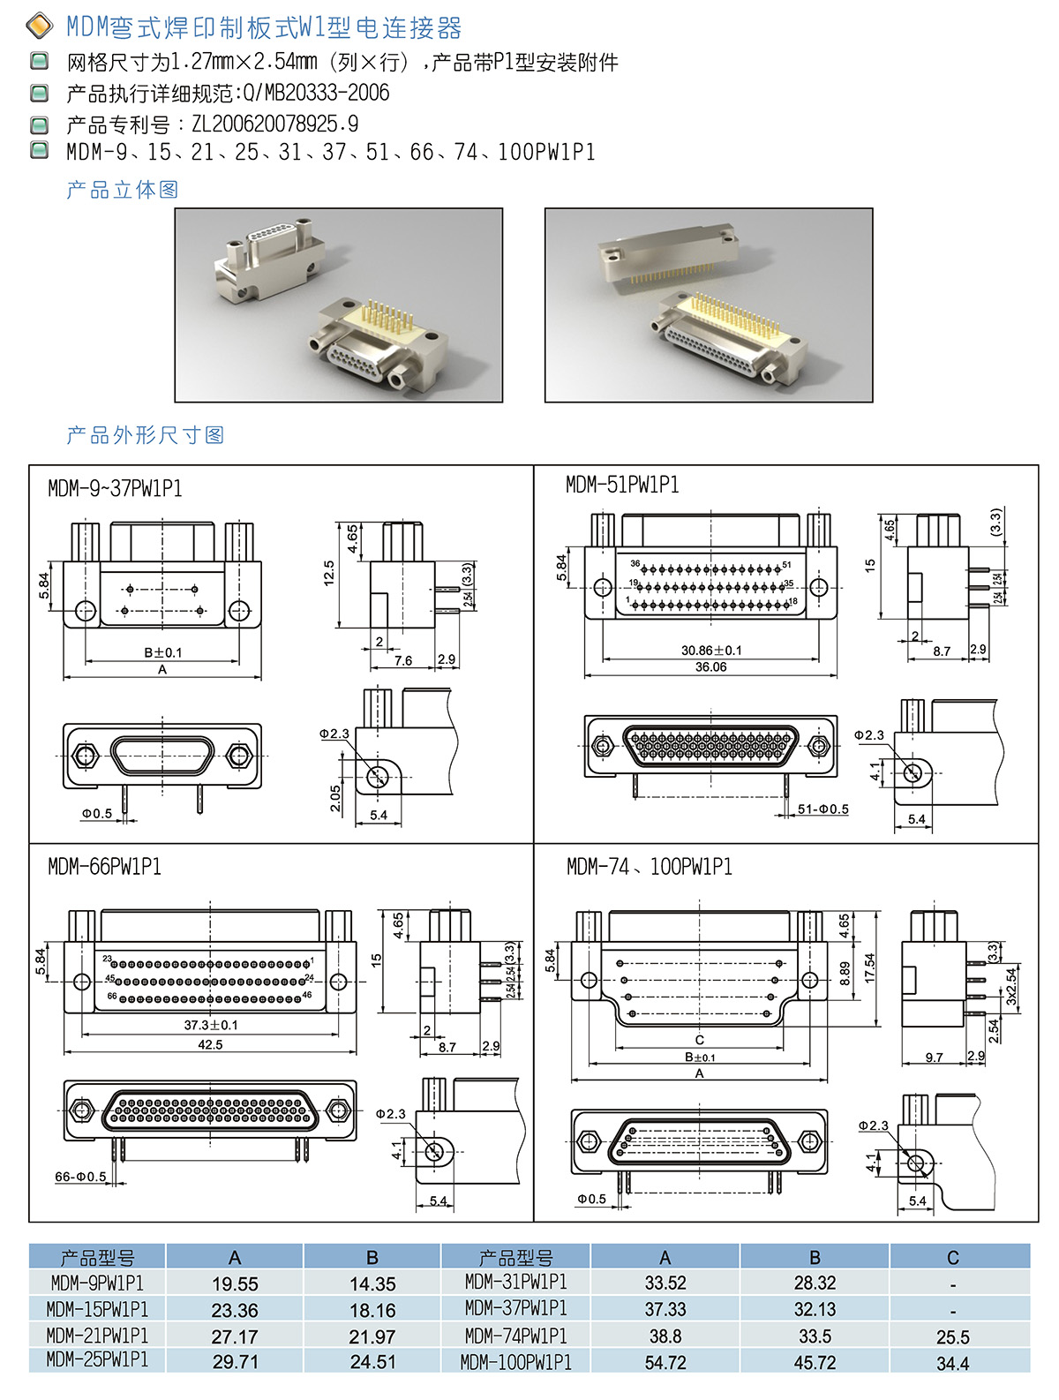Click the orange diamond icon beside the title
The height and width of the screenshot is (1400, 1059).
click(40, 26)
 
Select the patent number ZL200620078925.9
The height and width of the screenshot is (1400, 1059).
click(274, 124)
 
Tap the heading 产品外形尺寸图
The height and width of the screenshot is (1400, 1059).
click(146, 434)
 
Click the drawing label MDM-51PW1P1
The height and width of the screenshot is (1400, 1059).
click(621, 485)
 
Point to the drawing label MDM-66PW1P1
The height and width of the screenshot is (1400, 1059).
click(104, 866)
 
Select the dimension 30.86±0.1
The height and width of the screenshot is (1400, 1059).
click(711, 650)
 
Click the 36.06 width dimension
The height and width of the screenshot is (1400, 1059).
click(710, 666)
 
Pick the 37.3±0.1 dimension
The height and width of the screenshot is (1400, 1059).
click(210, 1025)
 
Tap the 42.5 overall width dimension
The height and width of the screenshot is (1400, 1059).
click(210, 1044)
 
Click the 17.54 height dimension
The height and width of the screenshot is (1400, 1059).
click(869, 967)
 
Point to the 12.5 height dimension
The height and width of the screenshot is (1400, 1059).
click(328, 573)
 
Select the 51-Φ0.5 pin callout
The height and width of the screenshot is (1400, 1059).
click(822, 809)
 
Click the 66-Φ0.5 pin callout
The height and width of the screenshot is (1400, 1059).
click(80, 1176)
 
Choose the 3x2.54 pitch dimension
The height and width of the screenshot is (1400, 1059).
click(1011, 987)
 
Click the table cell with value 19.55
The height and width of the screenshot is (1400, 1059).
click(235, 1283)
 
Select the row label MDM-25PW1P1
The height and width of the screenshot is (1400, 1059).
click(97, 1359)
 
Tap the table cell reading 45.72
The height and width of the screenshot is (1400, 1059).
click(815, 1362)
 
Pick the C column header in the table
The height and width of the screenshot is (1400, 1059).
click(952, 1257)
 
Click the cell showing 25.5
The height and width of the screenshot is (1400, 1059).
click(952, 1336)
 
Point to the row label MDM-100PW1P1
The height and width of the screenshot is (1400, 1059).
click(515, 1362)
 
